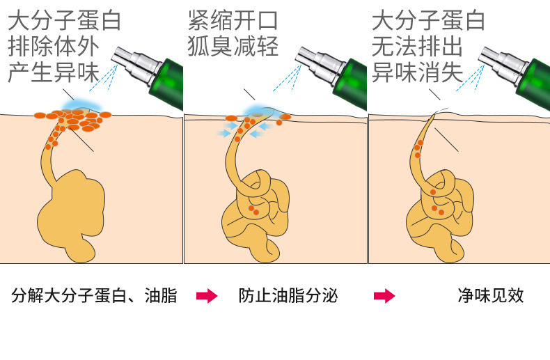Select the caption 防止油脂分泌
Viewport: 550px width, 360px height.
coord(288,296)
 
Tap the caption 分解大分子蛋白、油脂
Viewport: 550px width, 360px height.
coord(95,296)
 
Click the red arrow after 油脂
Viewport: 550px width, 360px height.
coord(207,297)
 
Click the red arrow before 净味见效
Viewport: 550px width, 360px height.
coord(384,297)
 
